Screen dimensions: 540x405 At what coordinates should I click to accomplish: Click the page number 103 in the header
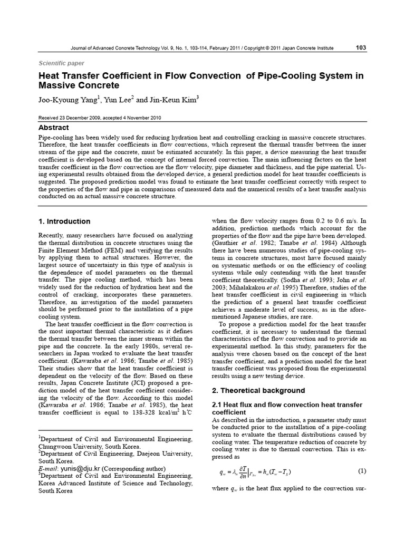pyautogui.click(x=361, y=48)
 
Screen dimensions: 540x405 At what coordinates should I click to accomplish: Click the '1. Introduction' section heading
pyautogui.click(x=65, y=221)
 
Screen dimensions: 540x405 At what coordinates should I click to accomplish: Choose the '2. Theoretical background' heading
pyautogui.click(x=258, y=391)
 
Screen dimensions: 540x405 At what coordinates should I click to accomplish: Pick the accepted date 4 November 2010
pyautogui.click(x=138, y=118)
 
